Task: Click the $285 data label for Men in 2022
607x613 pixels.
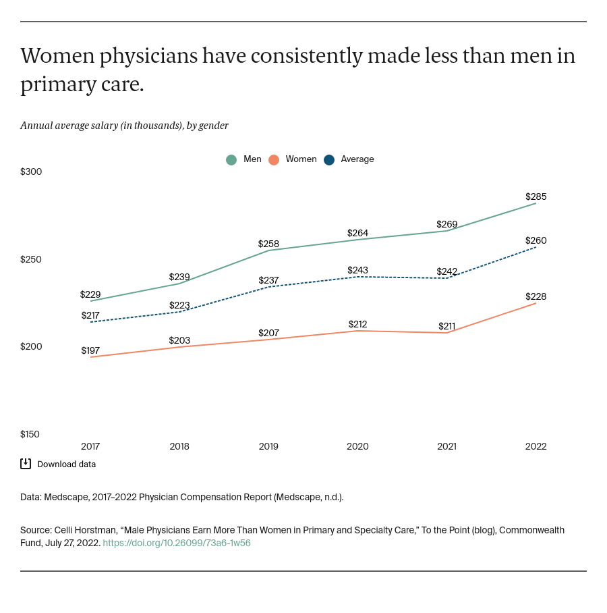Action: (x=536, y=196)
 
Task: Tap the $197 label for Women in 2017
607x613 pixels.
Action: (x=90, y=350)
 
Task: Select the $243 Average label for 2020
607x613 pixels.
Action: (x=357, y=270)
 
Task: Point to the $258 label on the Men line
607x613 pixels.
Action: (x=268, y=244)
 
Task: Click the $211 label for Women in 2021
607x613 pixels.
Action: (x=446, y=326)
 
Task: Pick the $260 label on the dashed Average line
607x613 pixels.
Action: (x=536, y=240)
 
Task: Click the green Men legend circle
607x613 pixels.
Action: (x=231, y=160)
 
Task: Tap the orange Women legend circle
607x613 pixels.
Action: (x=274, y=160)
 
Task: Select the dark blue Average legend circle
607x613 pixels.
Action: (x=329, y=160)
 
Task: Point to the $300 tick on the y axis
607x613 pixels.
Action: (x=31, y=171)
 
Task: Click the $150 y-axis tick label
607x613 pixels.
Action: (x=31, y=434)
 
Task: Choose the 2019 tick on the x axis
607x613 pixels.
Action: (x=268, y=446)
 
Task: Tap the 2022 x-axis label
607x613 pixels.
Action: (x=536, y=446)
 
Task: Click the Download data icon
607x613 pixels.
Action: (x=26, y=464)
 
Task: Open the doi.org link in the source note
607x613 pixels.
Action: (x=177, y=543)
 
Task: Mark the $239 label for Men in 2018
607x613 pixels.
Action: (x=179, y=277)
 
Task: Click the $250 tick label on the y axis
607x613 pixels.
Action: (x=31, y=259)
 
